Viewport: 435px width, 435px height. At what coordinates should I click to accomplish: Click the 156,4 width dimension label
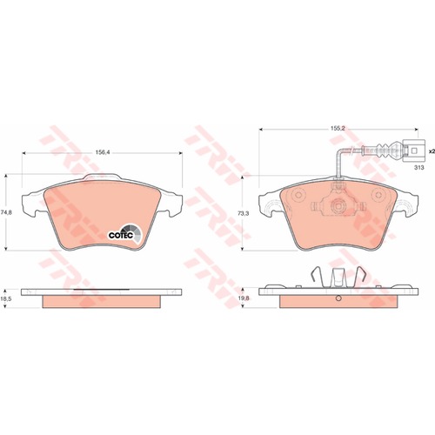pos(101,153)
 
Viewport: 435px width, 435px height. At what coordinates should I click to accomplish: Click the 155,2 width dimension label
pos(338,129)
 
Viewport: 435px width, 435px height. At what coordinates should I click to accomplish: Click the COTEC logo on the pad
pos(125,233)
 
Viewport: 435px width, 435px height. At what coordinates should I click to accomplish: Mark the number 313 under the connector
pos(419,167)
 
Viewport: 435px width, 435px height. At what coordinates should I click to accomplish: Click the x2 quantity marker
pos(432,151)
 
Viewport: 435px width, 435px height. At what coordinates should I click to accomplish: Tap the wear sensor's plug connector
pos(414,151)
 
